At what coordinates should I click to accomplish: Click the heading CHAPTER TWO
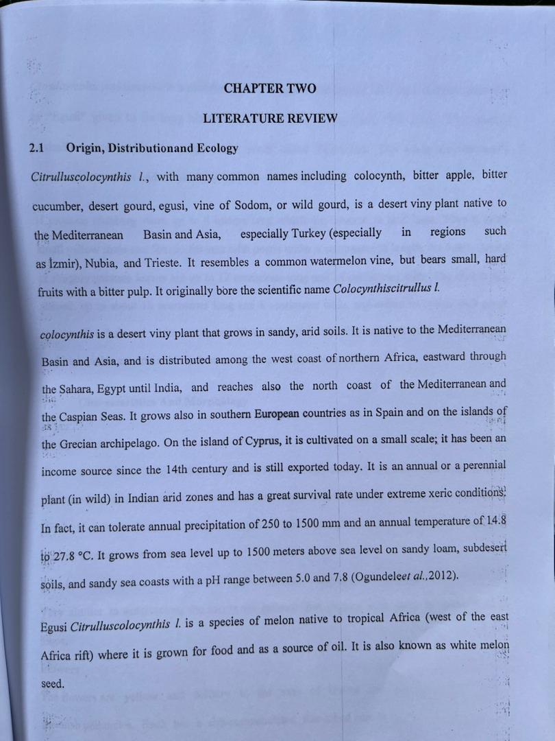[x=270, y=89]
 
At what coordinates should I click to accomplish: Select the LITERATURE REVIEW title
[x=270, y=119]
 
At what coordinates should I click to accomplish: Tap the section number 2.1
[x=38, y=148]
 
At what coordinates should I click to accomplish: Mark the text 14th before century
[x=180, y=471]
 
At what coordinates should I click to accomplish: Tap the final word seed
[x=52, y=685]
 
